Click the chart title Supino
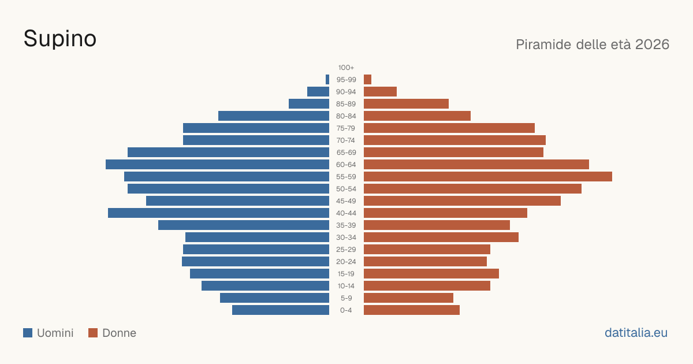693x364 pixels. (x=60, y=39)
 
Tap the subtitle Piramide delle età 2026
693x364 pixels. (x=593, y=44)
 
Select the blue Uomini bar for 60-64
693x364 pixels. (x=218, y=164)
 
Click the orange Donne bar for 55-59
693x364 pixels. (x=488, y=176)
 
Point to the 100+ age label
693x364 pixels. (x=346, y=68)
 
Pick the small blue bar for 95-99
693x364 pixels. (x=327, y=80)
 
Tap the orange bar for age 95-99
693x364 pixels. (x=367, y=80)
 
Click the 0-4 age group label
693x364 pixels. (x=346, y=310)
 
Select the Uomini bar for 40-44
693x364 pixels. (x=219, y=213)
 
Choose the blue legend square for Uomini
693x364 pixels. (x=28, y=333)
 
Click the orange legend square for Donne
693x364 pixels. (x=93, y=333)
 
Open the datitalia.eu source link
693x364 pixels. (x=636, y=333)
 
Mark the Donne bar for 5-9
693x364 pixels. (x=408, y=298)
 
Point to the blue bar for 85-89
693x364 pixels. (x=309, y=103)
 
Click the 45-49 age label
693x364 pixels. (x=346, y=201)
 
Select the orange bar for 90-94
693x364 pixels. (x=380, y=92)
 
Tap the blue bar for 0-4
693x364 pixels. (x=281, y=310)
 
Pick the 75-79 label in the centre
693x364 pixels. (x=346, y=128)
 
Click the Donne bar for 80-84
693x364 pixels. (x=417, y=116)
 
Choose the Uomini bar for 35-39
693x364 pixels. (x=244, y=225)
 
